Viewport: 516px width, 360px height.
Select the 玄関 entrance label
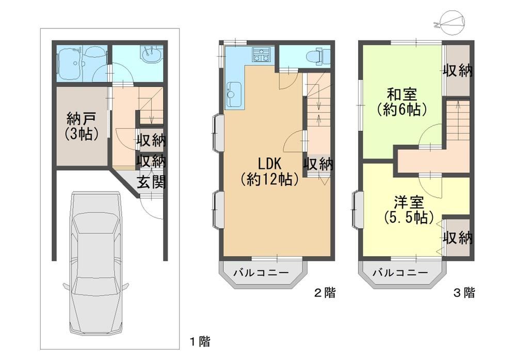pos(151,182)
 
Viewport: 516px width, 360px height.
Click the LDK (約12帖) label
pos(269,171)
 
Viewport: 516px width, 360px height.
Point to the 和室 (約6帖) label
pos(402,102)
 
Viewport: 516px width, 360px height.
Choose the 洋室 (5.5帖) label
pos(408,210)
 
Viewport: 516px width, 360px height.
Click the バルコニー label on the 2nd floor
pos(261,273)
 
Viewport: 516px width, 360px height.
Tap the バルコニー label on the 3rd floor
pos(400,273)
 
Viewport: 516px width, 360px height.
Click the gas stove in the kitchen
pos(261,54)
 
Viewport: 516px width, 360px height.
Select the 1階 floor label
pos(200,341)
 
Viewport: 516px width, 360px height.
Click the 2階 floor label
pos(325,292)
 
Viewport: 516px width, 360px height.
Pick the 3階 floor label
pos(464,292)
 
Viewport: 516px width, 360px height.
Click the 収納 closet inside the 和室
pos(457,70)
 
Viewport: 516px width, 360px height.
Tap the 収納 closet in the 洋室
pos(457,238)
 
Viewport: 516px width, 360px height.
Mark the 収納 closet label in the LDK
pos(318,164)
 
